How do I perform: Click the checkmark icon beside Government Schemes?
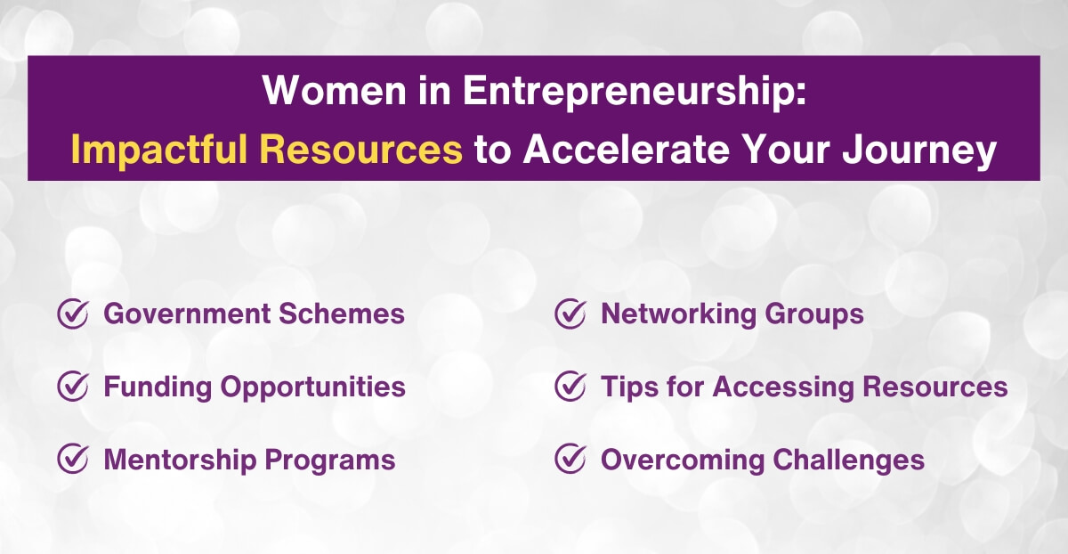(x=72, y=314)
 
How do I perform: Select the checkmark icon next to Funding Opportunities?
(x=72, y=387)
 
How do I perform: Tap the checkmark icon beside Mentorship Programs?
(x=72, y=459)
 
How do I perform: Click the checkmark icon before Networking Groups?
(x=570, y=314)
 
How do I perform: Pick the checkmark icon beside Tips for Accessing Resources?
(x=570, y=387)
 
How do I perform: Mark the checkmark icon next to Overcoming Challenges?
(x=570, y=459)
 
